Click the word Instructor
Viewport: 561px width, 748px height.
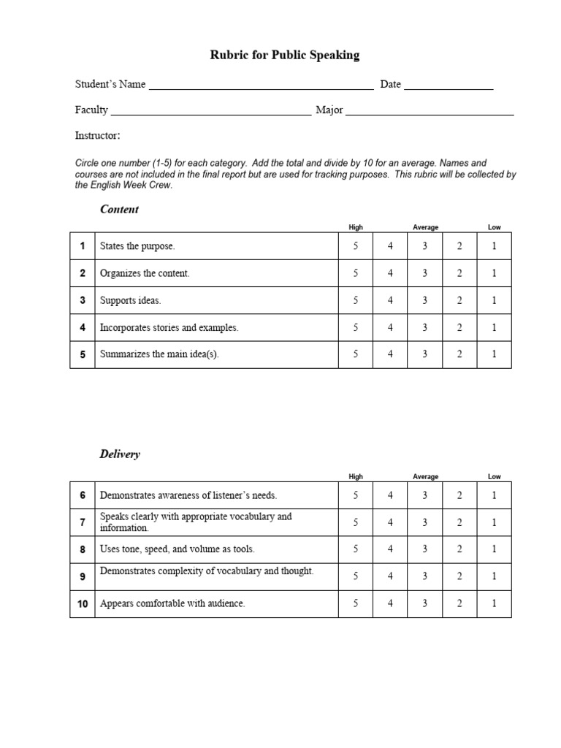97,136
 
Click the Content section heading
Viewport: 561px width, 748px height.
119,210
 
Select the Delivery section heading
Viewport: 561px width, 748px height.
120,454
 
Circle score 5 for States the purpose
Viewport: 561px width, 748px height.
356,246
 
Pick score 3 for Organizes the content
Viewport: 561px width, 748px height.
424,273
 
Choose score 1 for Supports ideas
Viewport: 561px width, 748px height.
494,300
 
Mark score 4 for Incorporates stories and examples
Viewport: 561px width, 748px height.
390,328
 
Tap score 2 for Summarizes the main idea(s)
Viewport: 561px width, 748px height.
459,354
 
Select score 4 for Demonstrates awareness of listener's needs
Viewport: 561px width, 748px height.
390,495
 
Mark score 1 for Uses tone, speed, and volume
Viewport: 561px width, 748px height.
494,549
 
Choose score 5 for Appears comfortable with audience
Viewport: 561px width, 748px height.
356,603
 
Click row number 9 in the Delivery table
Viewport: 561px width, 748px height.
83,576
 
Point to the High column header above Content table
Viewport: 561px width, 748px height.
356,227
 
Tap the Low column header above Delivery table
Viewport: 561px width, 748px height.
495,476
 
